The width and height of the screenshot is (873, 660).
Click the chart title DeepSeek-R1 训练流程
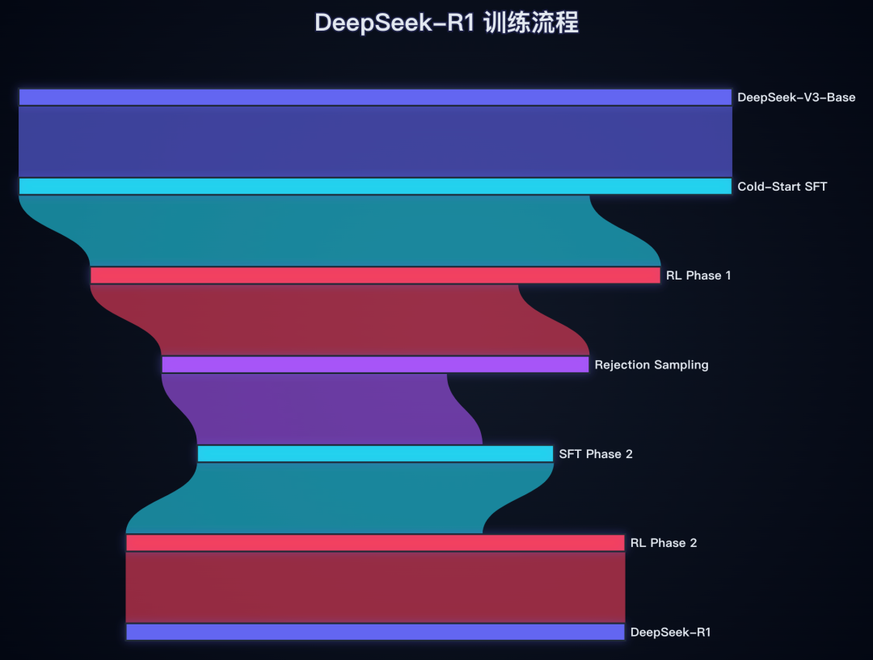pyautogui.click(x=446, y=23)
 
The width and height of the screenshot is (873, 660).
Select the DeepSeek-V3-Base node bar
pyautogui.click(x=375, y=97)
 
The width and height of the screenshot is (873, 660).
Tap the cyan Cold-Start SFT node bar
pyautogui.click(x=375, y=187)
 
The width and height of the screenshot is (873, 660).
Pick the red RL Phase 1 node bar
pyautogui.click(x=375, y=275)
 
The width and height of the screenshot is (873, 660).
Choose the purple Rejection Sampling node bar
pyautogui.click(x=375, y=364)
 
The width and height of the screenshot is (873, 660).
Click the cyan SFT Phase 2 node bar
pyautogui.click(x=375, y=454)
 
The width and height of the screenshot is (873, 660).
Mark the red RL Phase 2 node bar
pyautogui.click(x=375, y=543)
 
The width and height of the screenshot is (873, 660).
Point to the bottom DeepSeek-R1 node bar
pyautogui.click(x=375, y=632)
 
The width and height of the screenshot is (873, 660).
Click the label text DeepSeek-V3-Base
pyautogui.click(x=796, y=98)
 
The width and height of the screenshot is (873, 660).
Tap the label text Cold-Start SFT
pyautogui.click(x=782, y=187)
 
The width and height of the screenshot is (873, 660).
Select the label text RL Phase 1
pyautogui.click(x=698, y=275)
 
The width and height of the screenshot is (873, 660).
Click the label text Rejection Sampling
pyautogui.click(x=652, y=365)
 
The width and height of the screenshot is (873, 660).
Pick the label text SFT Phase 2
pyautogui.click(x=596, y=454)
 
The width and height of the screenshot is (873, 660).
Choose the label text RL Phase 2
pyautogui.click(x=663, y=543)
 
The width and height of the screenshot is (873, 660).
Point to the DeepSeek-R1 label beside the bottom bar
pyautogui.click(x=670, y=633)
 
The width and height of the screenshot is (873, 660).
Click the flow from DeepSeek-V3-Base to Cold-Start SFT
pyautogui.click(x=375, y=141)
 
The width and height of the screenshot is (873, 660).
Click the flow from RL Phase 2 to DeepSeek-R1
pyautogui.click(x=375, y=587)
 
